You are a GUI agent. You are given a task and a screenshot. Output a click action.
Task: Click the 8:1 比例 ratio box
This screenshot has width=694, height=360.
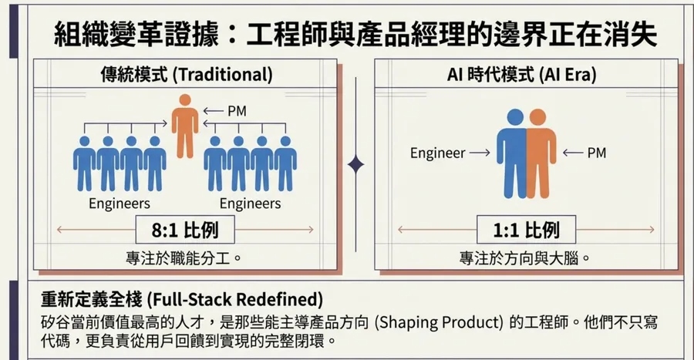(x=185, y=230)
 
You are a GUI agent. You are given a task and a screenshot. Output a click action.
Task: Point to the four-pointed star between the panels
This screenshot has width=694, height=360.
(x=355, y=164)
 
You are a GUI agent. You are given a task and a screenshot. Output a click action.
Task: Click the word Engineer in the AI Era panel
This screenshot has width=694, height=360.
(x=437, y=153)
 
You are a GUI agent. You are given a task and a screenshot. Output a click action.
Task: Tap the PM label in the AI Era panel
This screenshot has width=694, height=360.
(x=596, y=153)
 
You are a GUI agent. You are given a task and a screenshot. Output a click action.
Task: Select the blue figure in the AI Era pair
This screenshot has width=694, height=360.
(x=510, y=153)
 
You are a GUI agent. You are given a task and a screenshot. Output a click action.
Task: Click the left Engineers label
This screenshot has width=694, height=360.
(x=119, y=204)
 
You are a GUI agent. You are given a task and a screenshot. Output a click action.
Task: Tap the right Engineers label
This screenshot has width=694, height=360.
(x=250, y=204)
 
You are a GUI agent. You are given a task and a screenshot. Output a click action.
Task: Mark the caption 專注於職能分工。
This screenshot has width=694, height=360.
(x=185, y=257)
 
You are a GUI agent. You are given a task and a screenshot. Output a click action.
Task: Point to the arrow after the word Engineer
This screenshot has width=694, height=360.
(x=480, y=153)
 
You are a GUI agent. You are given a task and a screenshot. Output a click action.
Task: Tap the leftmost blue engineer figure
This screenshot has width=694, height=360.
(x=84, y=163)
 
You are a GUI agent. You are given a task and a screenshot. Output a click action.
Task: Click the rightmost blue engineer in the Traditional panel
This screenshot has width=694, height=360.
(x=285, y=163)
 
